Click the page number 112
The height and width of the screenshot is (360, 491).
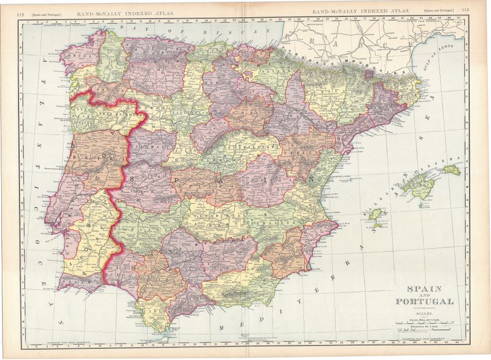pyautogui.click(x=20, y=11)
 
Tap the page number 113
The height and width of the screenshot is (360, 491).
pyautogui.click(x=465, y=10)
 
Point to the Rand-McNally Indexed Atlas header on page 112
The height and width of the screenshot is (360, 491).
pyautogui.click(x=123, y=11)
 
